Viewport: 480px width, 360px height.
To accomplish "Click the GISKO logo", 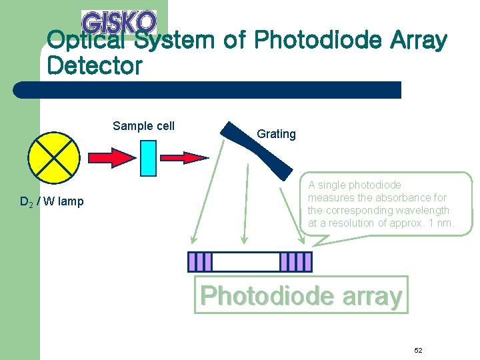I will [x=119, y=23].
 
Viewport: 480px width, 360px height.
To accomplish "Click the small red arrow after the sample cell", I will [x=185, y=157].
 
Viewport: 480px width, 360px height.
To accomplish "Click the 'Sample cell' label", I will [x=143, y=126].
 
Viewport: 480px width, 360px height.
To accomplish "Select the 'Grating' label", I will [x=276, y=134].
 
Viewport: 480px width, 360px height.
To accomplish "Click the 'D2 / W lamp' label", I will [x=52, y=201].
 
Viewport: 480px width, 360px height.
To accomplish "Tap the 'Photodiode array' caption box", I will [x=301, y=295].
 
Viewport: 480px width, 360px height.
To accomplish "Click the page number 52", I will [x=418, y=351].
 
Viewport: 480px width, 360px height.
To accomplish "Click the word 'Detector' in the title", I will [x=95, y=66].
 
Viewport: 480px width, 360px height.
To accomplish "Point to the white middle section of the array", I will [x=245, y=261].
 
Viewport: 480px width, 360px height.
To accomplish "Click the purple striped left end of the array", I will [x=200, y=261].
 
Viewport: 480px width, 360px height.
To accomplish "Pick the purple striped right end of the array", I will [x=295, y=261].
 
